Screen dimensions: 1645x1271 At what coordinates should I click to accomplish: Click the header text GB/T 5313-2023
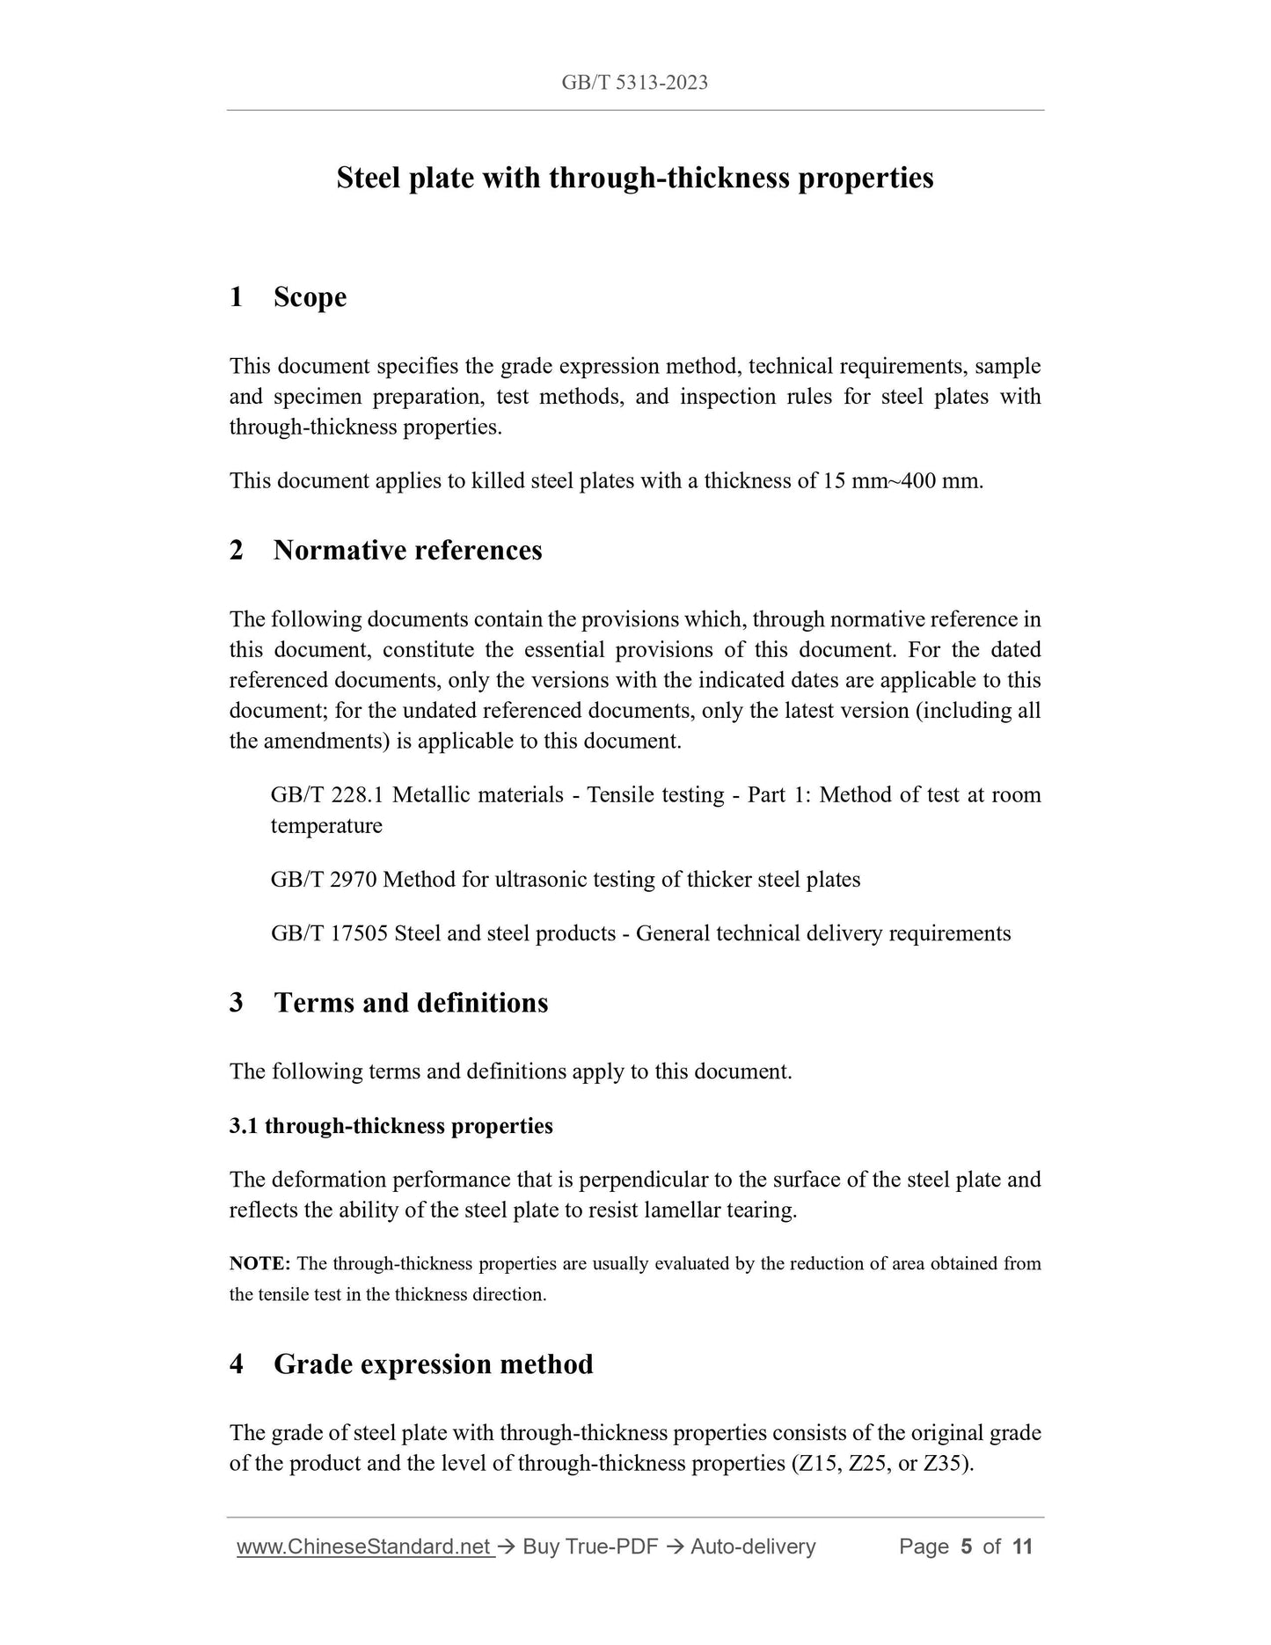click(x=634, y=83)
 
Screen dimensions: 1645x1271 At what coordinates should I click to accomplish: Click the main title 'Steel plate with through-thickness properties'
click(x=634, y=178)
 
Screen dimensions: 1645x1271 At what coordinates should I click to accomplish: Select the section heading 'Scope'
click(x=310, y=297)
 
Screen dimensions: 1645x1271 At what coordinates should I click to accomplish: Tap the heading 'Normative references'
click(x=407, y=551)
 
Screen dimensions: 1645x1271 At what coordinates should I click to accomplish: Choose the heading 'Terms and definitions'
click(x=411, y=1003)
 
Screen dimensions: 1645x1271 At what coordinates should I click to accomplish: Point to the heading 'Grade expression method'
click(x=433, y=1364)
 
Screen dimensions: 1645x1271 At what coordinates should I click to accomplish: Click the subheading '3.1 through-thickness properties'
click(x=391, y=1126)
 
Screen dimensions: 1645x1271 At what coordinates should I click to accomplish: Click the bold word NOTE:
click(x=259, y=1264)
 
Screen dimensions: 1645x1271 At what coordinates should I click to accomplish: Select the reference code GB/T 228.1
click(x=329, y=795)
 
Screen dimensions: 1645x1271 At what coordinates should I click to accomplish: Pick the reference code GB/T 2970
click(x=324, y=880)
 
